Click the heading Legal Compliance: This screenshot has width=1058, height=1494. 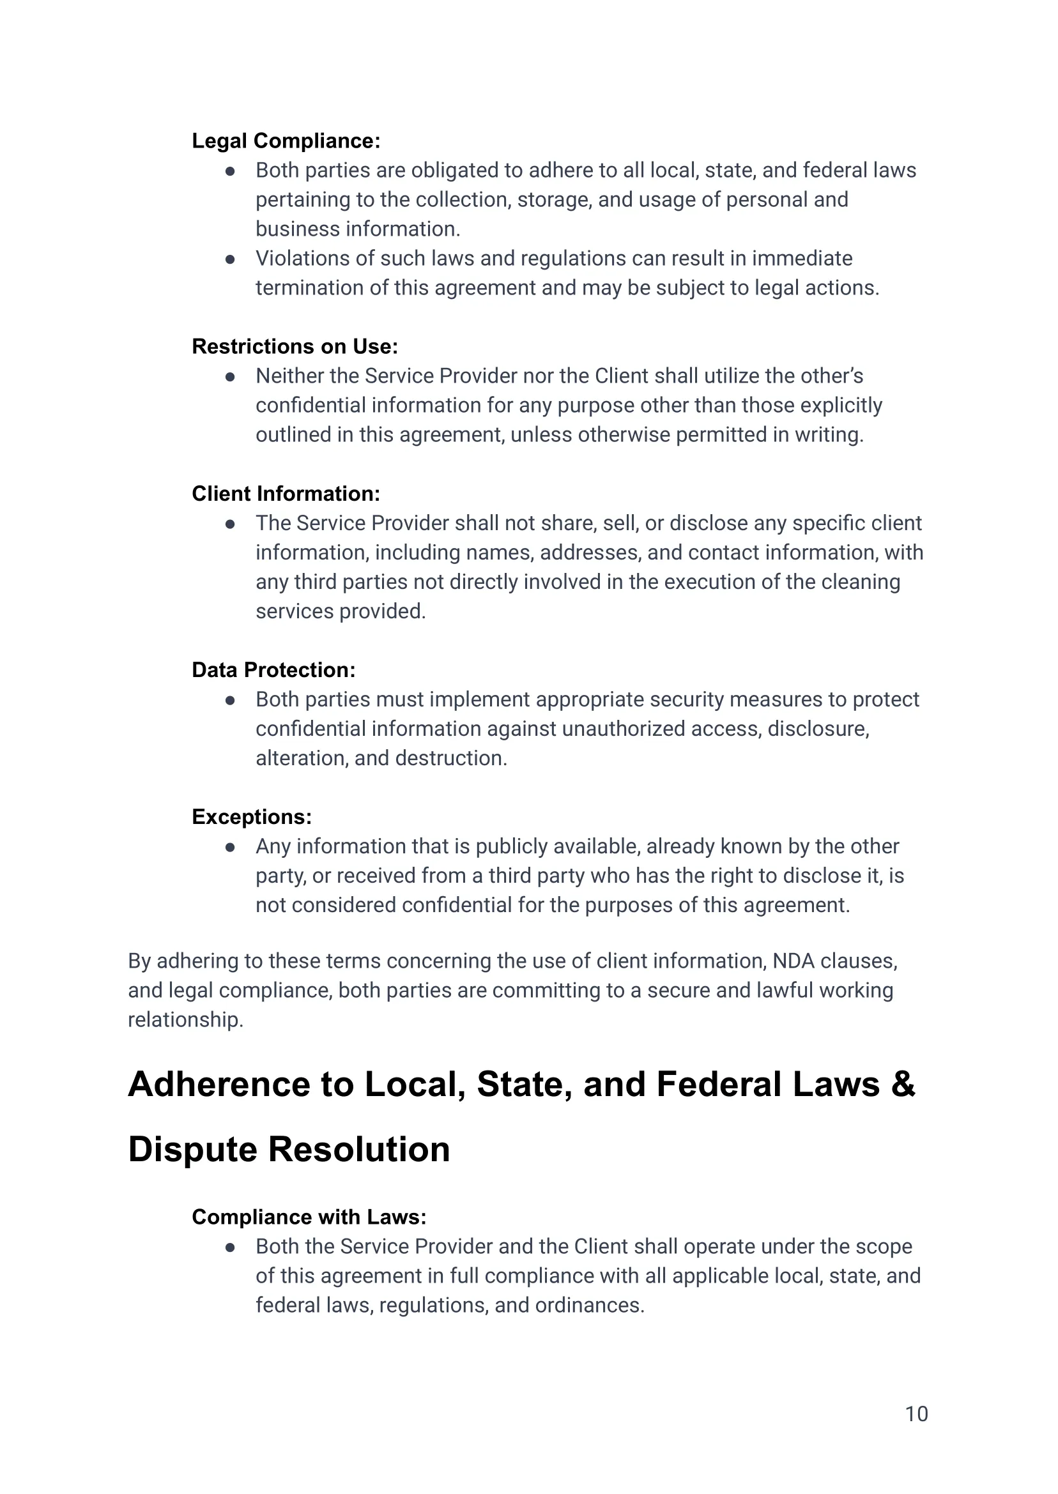[286, 141]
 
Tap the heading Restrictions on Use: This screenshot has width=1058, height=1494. [295, 346]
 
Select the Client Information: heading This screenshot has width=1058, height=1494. [286, 494]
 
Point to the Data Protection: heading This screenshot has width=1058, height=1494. [273, 669]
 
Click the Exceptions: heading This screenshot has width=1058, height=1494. [252, 817]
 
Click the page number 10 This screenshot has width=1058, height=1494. [916, 1414]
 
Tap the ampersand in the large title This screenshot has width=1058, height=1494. [903, 1085]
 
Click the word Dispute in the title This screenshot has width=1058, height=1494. [192, 1150]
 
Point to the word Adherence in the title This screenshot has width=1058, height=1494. [219, 1085]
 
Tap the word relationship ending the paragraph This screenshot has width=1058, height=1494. [185, 1019]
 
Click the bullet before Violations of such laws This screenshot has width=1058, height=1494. [230, 259]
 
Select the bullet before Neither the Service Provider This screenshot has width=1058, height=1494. [230, 376]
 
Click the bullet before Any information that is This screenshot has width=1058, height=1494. [230, 847]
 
